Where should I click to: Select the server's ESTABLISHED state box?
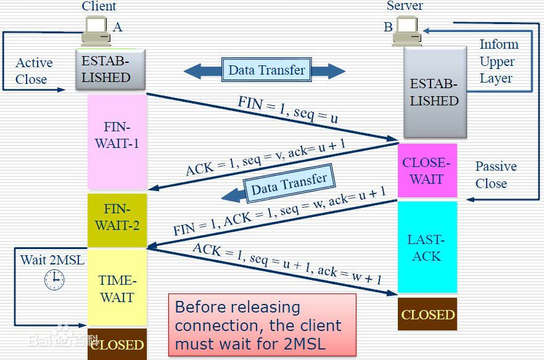[434, 92]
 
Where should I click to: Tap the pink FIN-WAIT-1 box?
[117, 142]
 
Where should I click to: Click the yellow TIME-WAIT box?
[117, 288]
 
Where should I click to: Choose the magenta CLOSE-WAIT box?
[427, 171]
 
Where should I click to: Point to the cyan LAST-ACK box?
[427, 247]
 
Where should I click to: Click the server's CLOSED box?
[427, 314]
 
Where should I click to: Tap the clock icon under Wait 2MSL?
[54, 279]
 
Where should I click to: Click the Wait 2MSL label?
[52, 260]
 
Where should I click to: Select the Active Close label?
[33, 71]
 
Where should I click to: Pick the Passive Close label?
[495, 175]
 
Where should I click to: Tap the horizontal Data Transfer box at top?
[266, 70]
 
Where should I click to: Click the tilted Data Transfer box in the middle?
[288, 185]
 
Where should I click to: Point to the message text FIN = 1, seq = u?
[287, 109]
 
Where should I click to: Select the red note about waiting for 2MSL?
[262, 325]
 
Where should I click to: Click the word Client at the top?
[99, 6]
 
